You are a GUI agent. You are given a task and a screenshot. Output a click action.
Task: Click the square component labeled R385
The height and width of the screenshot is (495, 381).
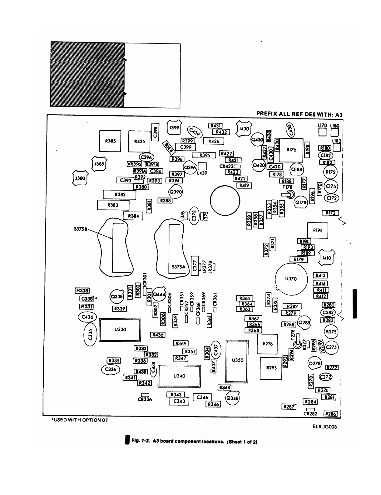coord(110,141)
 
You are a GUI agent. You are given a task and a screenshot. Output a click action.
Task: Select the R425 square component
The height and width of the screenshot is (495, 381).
coord(139,141)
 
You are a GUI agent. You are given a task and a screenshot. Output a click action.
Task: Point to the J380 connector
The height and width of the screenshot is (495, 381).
coord(80,178)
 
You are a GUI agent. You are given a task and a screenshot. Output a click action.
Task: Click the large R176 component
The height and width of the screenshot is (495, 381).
coord(291,150)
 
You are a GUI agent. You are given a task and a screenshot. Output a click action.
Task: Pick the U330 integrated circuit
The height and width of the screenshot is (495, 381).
coord(120,330)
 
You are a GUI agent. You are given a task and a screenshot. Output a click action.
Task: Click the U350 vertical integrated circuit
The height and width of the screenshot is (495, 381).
coord(238,360)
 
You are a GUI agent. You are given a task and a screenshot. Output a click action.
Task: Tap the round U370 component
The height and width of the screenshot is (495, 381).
coord(291,279)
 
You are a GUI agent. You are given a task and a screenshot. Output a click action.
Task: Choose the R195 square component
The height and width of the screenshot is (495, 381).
coord(318,231)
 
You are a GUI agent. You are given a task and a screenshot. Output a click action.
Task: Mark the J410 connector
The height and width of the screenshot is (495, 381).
coord(327,258)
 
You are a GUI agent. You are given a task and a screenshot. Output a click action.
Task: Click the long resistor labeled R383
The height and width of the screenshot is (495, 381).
coord(113,205)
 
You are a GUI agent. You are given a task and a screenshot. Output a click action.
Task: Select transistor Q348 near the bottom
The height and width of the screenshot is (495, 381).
coord(232,398)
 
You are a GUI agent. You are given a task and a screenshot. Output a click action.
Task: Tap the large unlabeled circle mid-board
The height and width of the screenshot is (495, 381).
coord(225,201)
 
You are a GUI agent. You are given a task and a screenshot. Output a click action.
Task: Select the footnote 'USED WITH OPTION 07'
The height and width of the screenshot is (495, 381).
coord(80,420)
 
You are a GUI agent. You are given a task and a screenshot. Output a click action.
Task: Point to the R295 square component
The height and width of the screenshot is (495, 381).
coord(271,368)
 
